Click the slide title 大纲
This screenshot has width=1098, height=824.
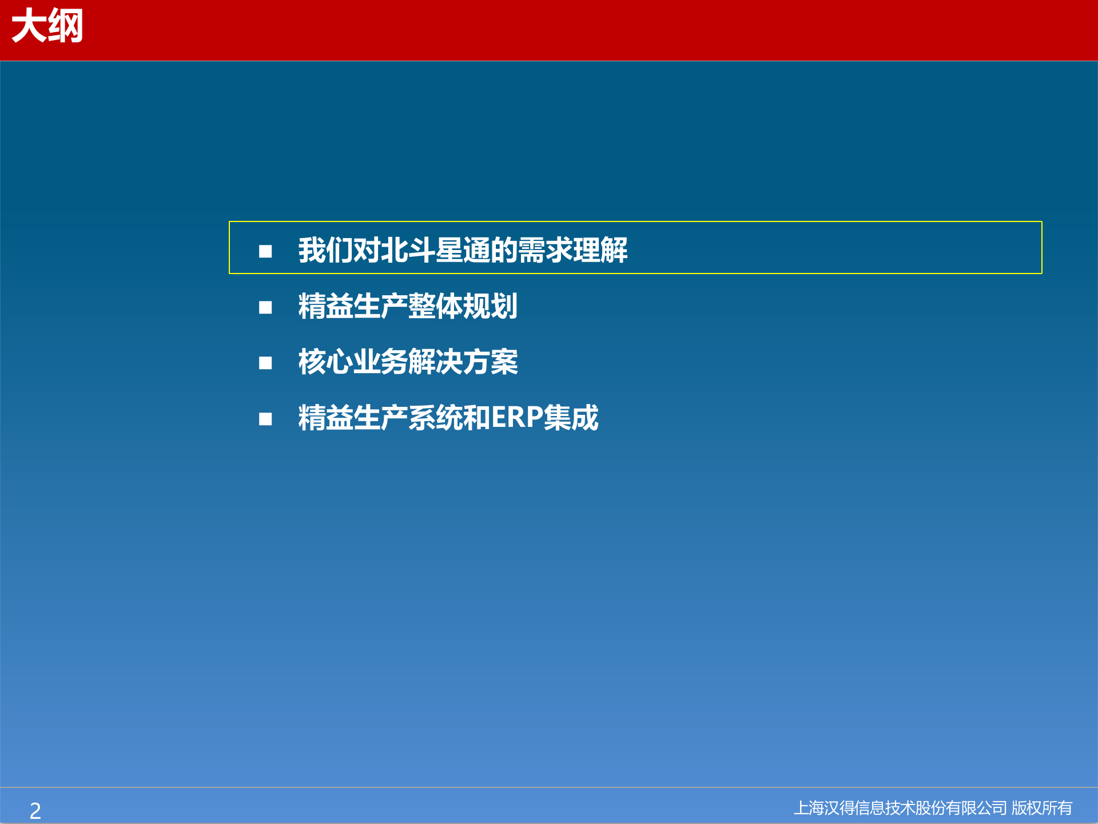47,26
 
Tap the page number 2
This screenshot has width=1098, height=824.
35,810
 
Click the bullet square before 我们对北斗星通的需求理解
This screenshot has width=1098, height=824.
265,251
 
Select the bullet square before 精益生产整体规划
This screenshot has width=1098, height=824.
265,307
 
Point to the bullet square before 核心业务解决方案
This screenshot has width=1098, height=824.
265,363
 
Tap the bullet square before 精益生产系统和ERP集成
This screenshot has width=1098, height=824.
265,419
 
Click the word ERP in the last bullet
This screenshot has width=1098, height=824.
517,418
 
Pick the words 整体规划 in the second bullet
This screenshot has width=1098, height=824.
463,306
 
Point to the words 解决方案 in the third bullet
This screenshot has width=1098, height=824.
463,362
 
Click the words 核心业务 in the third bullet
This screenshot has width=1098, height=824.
353,362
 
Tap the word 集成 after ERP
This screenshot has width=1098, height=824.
571,418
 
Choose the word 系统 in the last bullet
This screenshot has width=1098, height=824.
435,418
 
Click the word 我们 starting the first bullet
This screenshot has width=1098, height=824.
325,250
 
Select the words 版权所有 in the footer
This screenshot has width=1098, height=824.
1042,808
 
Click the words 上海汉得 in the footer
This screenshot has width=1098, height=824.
823,808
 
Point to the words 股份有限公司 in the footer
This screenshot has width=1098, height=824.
961,808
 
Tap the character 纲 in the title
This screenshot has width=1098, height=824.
66,26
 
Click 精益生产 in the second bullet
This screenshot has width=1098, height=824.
353,306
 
